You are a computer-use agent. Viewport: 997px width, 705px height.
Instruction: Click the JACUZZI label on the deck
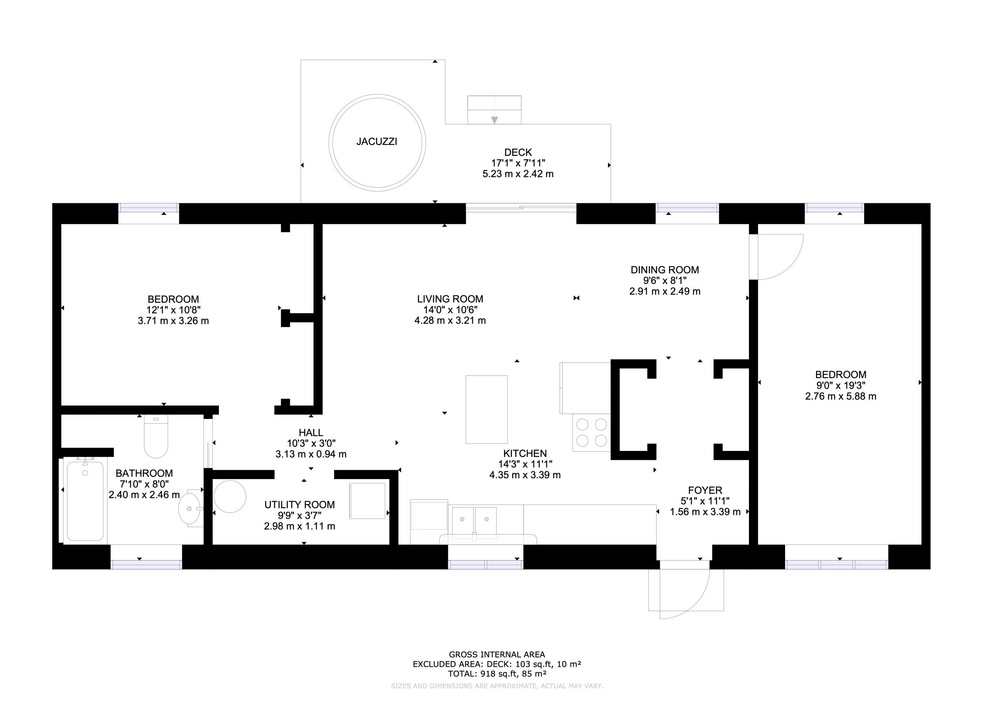pos(377,142)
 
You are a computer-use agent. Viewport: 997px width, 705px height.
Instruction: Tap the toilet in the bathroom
pos(156,436)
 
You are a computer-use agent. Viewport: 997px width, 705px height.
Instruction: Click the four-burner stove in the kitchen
pos(592,433)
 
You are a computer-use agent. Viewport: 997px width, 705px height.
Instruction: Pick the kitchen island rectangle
pos(486,410)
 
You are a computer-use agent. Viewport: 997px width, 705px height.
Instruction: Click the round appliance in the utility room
pos(230,496)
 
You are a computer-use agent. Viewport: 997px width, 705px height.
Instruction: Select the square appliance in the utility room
pos(367,501)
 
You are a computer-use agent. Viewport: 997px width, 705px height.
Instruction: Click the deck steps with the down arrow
pos(494,110)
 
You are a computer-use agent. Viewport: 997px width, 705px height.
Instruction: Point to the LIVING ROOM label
pos(450,299)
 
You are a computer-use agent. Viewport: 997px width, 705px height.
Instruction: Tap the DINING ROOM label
pos(665,270)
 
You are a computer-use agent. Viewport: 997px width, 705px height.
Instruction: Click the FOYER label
pos(705,490)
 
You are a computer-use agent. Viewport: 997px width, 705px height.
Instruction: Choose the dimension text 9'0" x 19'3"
pos(841,385)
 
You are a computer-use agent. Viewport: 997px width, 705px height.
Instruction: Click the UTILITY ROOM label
pos(299,505)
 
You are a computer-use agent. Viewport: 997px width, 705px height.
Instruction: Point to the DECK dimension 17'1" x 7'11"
pos(518,163)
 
